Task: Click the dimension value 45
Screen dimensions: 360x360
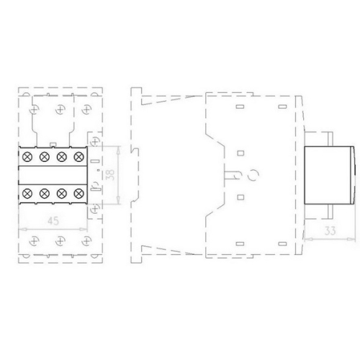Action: point(53,222)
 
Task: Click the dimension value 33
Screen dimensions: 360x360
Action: point(329,231)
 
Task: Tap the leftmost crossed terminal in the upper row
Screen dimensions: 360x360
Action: point(28,156)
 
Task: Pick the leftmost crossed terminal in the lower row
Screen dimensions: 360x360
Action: point(28,193)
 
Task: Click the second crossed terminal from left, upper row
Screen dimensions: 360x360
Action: point(45,156)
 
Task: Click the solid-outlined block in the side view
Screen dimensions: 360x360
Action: point(330,174)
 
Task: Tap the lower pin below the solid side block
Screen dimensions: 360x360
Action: point(325,212)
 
